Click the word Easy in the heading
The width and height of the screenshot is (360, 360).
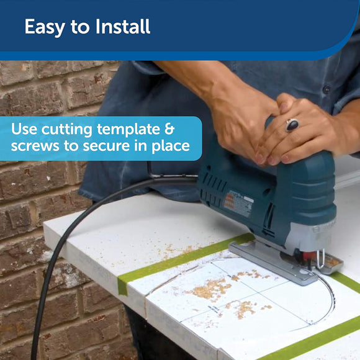45,27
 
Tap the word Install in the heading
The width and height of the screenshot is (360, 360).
123,27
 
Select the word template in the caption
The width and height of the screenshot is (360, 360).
128,130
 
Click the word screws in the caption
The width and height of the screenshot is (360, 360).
35,146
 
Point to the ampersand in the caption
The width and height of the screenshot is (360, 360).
169,128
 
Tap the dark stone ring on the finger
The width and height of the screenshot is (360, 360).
292,125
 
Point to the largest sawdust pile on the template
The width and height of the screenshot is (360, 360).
210,289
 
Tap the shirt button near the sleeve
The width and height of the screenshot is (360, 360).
326,89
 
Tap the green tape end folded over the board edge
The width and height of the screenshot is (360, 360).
123,286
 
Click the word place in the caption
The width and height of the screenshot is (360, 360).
171,146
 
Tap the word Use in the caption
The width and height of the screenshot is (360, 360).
24,129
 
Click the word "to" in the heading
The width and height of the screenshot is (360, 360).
80,27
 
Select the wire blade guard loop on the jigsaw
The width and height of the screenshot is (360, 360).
321,259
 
